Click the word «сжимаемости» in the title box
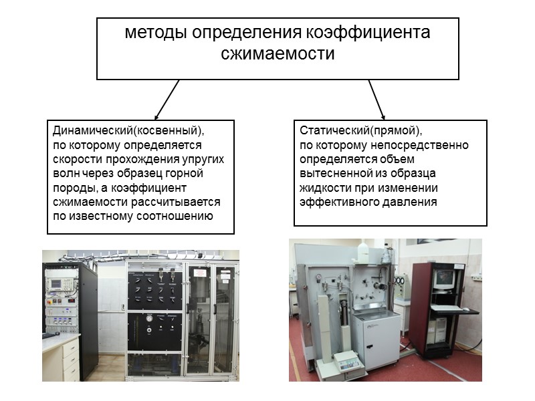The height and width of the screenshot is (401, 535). click(x=278, y=53)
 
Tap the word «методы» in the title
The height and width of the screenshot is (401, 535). click(x=154, y=33)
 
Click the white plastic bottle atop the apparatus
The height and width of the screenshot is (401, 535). click(x=364, y=252)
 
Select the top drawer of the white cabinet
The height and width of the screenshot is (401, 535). click(x=70, y=348)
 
